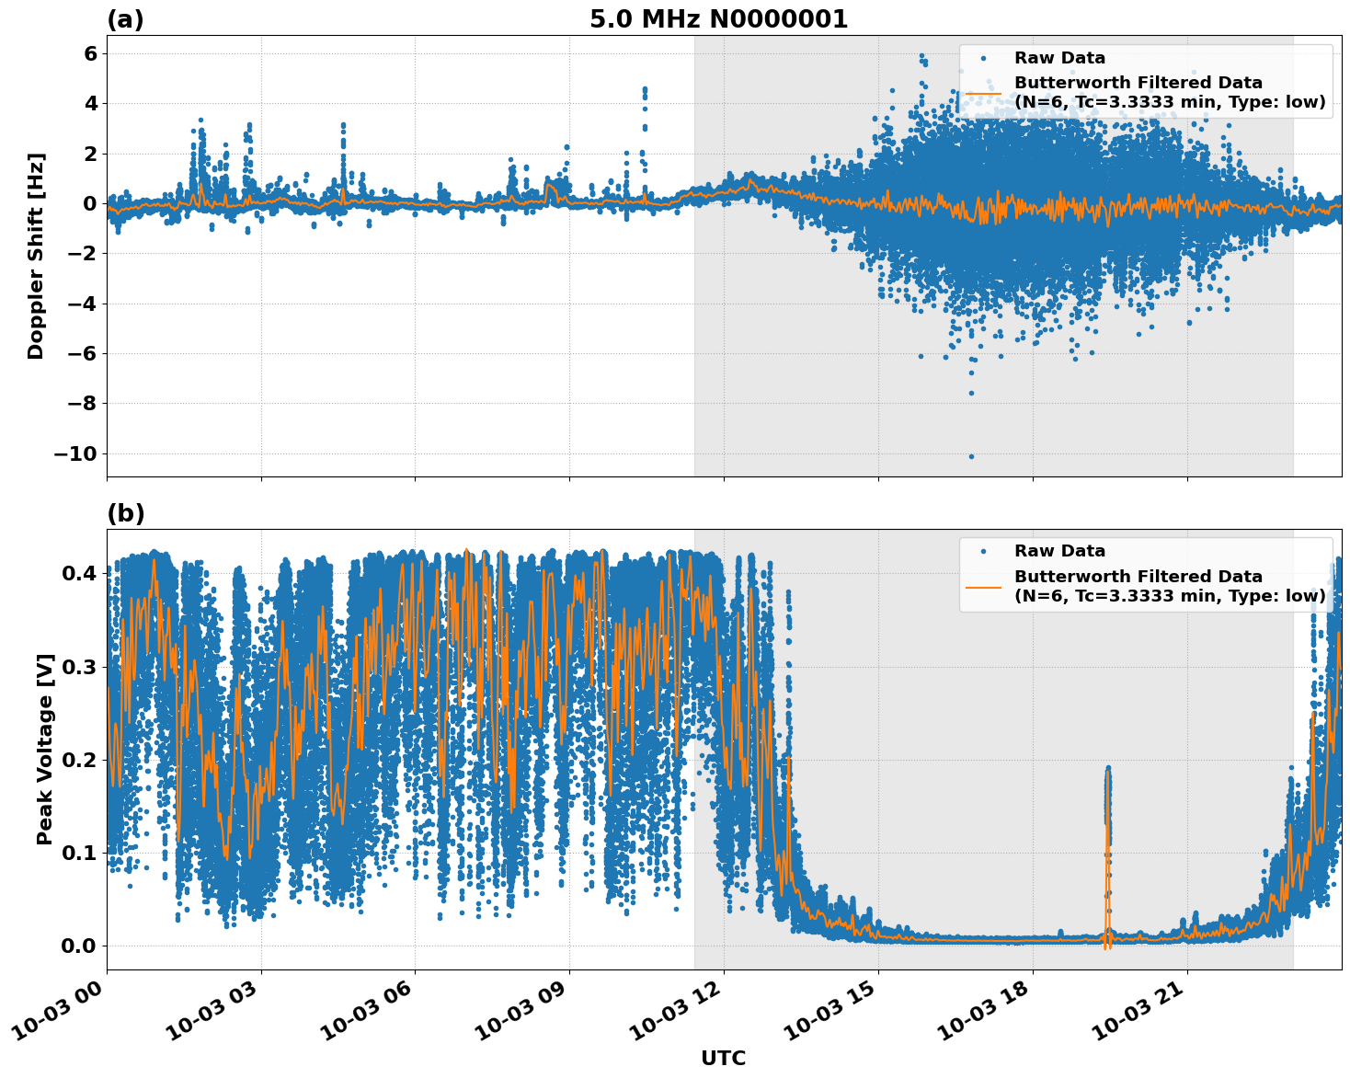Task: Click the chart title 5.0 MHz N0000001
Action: tap(718, 19)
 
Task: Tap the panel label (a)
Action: tap(125, 19)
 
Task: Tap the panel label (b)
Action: tap(126, 513)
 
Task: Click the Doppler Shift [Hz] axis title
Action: tap(36, 256)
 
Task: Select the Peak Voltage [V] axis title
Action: tap(45, 749)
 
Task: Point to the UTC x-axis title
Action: tap(723, 1058)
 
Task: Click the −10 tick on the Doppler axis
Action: tap(74, 453)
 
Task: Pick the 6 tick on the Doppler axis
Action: tap(90, 53)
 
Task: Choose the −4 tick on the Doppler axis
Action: tap(81, 304)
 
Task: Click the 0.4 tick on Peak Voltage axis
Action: tap(79, 573)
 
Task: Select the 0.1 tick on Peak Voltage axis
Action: tap(79, 853)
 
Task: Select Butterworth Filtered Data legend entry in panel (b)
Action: tap(1169, 586)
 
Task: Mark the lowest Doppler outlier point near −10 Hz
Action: tap(971, 456)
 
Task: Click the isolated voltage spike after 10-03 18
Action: tap(1108, 782)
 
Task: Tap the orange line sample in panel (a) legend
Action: tap(983, 93)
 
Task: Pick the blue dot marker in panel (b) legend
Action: tap(983, 551)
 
